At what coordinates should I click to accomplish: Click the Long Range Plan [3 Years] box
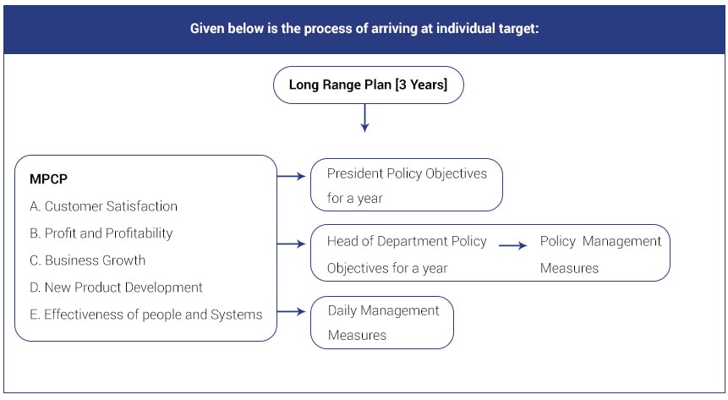368,85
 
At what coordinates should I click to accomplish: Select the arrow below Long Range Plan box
365,118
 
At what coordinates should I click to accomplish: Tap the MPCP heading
48,179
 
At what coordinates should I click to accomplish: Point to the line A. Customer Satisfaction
103,205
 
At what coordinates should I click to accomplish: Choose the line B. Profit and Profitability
101,233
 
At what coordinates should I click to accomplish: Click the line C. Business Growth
87,260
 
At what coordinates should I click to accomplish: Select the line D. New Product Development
116,288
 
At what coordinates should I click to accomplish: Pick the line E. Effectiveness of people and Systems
145,315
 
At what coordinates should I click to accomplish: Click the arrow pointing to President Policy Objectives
291,176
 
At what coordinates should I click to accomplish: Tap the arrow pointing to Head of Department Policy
291,244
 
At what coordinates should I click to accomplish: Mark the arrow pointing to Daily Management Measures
291,311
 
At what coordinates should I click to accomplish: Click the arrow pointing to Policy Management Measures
513,245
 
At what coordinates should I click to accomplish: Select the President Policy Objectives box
406,185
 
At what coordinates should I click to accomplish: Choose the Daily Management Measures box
381,323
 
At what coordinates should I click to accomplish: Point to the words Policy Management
600,242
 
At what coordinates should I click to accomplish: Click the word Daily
342,311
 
